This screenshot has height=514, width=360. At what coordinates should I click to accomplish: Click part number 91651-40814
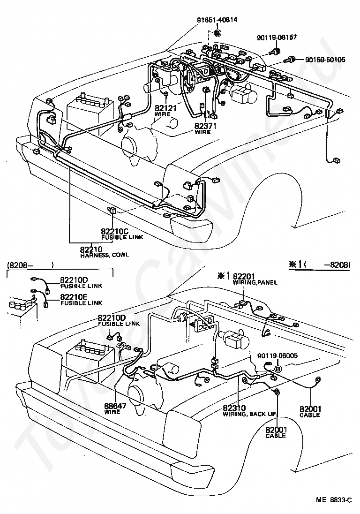217,20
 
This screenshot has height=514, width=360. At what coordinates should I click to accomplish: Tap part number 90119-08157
277,38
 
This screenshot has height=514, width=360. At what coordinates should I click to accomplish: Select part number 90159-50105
325,60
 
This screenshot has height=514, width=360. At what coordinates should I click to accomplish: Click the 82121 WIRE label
165,111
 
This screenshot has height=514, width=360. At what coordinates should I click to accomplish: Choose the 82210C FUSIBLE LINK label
122,234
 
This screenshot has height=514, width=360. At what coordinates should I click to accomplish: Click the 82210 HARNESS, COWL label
105,252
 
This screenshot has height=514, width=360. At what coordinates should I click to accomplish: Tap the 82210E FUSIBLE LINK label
81,299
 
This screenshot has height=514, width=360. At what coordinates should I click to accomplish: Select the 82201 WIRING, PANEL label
255,279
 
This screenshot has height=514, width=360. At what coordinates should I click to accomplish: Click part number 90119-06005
277,355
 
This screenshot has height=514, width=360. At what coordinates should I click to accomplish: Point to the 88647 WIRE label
115,408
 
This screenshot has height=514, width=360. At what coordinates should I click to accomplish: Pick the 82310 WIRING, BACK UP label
249,411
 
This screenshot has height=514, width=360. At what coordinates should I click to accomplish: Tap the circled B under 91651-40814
217,33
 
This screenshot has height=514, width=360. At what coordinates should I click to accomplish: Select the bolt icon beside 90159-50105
290,60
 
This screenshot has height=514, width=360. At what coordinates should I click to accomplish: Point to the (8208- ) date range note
30,265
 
